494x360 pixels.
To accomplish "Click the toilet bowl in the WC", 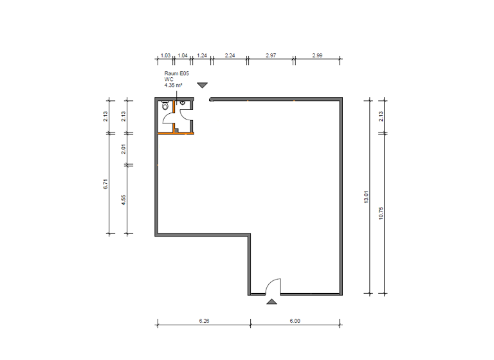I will tap(165, 107).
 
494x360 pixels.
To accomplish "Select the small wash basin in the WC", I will tap(183, 102).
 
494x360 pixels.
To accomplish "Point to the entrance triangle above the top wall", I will tap(203, 85).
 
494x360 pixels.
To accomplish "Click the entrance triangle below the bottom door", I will tap(272, 301).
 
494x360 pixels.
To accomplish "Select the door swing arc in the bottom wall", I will tap(273, 285).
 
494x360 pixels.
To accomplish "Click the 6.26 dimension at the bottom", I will tap(205, 320).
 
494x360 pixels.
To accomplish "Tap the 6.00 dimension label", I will tap(295, 320).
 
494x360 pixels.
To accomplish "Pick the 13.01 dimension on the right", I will tap(366, 197).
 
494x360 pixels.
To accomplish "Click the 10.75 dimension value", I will tap(381, 213).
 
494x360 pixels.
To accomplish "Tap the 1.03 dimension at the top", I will tap(165, 56).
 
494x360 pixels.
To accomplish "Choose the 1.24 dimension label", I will tap(202, 56).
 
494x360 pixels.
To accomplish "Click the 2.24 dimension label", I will tap(230, 56).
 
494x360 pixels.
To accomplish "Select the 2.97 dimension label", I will tap(271, 56).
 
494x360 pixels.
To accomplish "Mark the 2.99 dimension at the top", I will tap(317, 56).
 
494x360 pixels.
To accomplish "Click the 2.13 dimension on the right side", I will tap(381, 116).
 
